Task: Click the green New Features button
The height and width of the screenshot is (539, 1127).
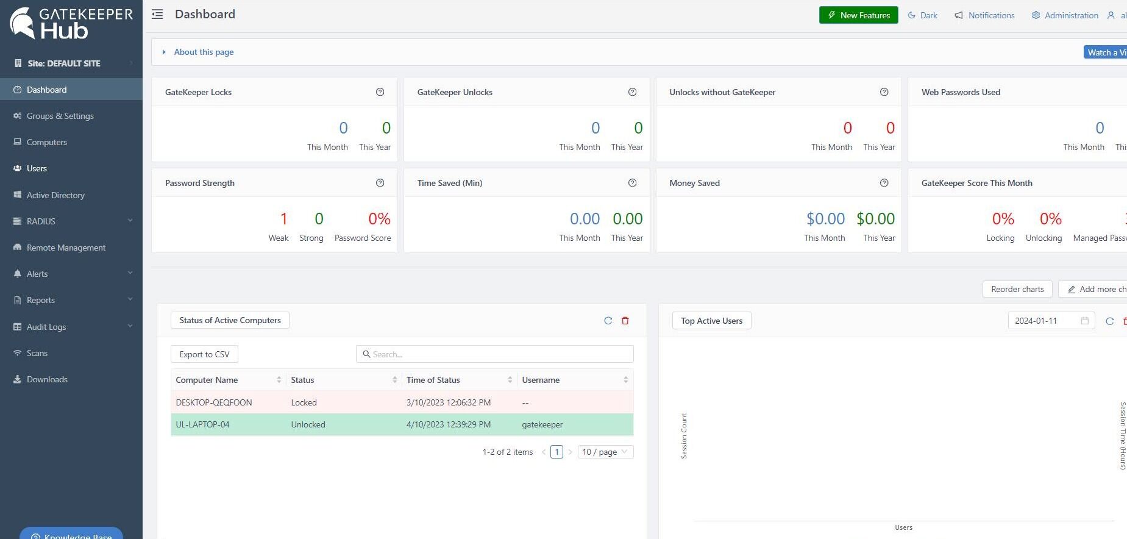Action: (x=858, y=15)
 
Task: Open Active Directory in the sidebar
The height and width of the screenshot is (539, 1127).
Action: (x=55, y=195)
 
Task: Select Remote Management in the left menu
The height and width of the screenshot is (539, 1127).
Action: (x=66, y=248)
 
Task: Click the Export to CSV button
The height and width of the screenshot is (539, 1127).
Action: (x=204, y=354)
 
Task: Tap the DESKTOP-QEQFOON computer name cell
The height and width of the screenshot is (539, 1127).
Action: (x=214, y=402)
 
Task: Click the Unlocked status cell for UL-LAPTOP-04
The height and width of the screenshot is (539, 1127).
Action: (x=308, y=424)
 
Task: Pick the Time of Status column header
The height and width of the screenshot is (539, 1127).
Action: (x=433, y=380)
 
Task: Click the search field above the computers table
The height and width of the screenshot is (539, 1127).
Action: (x=495, y=354)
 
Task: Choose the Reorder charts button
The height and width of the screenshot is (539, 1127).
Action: (x=1017, y=289)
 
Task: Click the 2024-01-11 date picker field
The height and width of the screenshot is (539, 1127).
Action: (x=1046, y=321)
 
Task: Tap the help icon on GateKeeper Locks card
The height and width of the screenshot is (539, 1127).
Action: (x=380, y=92)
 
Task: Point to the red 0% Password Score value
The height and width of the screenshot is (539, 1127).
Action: (x=379, y=219)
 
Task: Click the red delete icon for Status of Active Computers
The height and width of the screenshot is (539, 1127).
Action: (x=625, y=321)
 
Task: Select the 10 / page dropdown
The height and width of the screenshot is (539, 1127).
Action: (x=605, y=452)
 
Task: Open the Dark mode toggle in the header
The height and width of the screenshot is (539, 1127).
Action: (x=923, y=15)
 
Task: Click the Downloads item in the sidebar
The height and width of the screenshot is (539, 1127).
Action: (x=47, y=379)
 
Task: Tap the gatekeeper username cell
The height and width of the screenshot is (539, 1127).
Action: (x=542, y=424)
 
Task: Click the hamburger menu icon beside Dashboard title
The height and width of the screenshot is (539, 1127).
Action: (x=157, y=14)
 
